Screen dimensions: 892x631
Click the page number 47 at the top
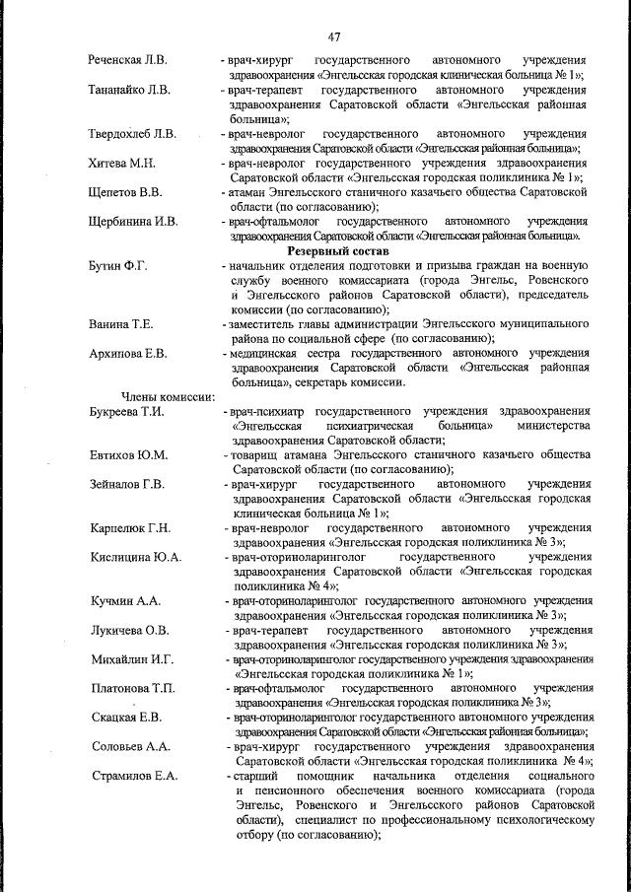[334, 37]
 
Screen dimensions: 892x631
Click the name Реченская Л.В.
[129, 59]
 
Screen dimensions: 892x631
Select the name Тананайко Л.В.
[130, 90]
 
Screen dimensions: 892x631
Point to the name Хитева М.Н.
[122, 162]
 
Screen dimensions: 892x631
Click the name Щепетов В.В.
[125, 191]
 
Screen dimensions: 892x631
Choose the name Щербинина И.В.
[133, 221]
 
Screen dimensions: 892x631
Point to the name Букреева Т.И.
[126, 411]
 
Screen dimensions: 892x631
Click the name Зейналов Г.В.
[126, 484]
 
